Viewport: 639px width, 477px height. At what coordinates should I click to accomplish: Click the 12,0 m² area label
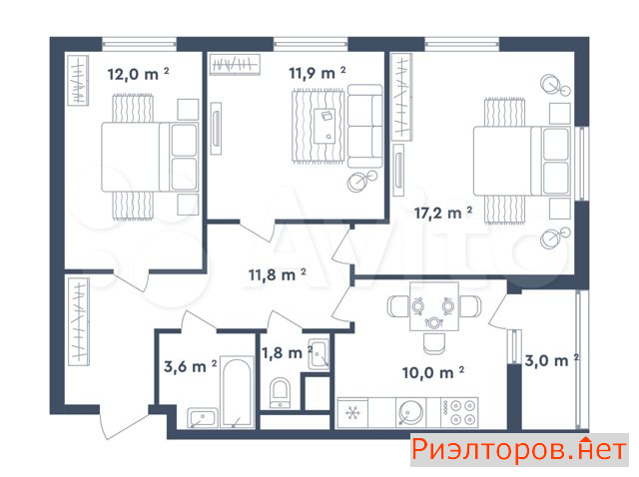click(138, 74)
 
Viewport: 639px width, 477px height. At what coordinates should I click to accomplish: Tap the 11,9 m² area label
click(318, 73)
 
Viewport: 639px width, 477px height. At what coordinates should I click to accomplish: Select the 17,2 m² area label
click(443, 213)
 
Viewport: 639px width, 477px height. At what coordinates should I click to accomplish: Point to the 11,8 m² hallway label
click(278, 275)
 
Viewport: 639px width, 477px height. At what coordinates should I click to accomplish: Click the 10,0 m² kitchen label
click(433, 373)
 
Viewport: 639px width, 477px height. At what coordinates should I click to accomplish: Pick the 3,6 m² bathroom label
click(191, 366)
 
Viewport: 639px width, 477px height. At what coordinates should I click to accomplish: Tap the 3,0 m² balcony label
click(552, 360)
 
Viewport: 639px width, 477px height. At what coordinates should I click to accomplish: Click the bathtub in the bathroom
click(237, 392)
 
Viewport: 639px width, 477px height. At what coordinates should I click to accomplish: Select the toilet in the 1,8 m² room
click(281, 393)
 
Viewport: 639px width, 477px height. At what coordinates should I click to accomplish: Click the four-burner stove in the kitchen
click(459, 412)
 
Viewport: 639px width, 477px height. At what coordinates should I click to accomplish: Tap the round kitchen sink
click(411, 413)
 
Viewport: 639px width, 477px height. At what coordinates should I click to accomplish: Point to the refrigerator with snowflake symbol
click(352, 413)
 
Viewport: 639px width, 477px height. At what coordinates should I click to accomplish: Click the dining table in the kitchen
click(434, 306)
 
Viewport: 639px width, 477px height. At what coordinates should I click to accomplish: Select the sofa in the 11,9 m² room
click(365, 127)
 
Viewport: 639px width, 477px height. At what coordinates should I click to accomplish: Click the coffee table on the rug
click(324, 126)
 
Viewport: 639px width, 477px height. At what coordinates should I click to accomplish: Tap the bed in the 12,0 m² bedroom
click(150, 157)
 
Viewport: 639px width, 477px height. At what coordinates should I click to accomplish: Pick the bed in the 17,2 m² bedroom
click(522, 161)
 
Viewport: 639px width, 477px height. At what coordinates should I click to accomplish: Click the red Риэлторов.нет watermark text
click(519, 450)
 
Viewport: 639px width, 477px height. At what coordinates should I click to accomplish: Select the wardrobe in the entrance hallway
click(79, 321)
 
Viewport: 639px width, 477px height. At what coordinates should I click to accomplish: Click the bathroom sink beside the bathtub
click(203, 418)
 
